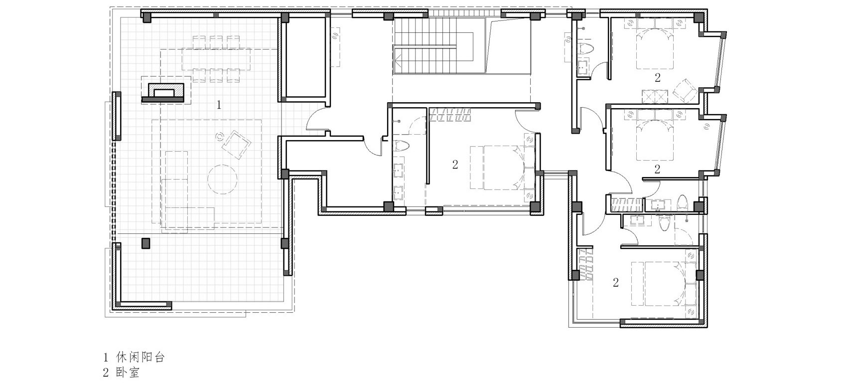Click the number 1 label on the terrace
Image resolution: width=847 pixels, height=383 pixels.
coord(219,105)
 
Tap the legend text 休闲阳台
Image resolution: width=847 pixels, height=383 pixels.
coord(141,357)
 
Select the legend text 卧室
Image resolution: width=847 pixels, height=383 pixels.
coord(128,373)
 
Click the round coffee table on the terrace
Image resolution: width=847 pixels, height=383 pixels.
coord(222,180)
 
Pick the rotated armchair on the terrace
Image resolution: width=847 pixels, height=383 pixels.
coord(236,144)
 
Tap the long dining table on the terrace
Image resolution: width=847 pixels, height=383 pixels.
coord(216,59)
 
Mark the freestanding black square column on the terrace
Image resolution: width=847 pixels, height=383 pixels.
coord(145,243)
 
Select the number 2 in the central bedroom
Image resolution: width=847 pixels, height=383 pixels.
coord(455,164)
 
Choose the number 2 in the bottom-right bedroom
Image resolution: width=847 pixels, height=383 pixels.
coord(616,282)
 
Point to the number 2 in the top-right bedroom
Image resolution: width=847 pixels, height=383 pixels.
coord(658,78)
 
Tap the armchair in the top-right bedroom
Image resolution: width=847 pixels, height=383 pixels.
coord(685,91)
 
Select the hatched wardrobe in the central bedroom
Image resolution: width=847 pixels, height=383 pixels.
coord(450,115)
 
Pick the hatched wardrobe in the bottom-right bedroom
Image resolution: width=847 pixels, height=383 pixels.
coord(584,264)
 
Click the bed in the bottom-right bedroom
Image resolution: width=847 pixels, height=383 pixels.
coord(664,283)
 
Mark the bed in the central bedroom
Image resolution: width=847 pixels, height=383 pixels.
coord(503,168)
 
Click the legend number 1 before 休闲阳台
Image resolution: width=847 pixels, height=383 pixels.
coord(106,357)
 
